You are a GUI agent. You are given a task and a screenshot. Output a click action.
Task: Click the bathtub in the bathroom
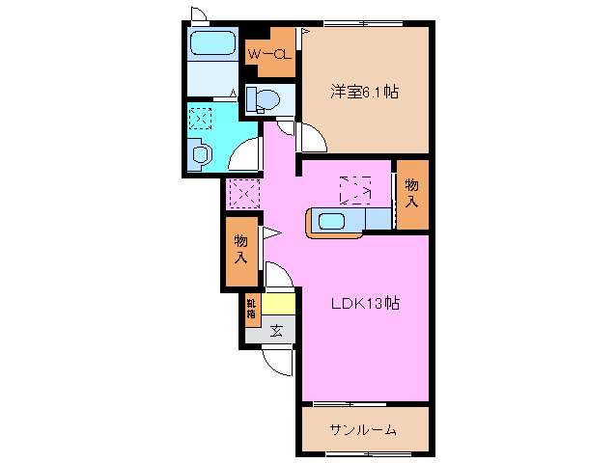(x=213, y=43)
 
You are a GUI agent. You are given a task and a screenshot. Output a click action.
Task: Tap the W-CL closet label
(x=269, y=55)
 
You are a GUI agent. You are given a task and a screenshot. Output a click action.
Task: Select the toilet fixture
(x=262, y=98)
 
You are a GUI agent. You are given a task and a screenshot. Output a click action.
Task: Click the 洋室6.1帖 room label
(x=365, y=93)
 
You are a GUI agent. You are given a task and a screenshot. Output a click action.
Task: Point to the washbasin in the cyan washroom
(x=200, y=152)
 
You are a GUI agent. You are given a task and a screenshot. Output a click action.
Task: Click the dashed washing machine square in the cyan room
(x=200, y=119)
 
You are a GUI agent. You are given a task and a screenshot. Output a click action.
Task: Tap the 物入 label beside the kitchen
(x=412, y=193)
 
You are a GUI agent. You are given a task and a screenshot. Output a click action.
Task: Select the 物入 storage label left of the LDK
(x=240, y=251)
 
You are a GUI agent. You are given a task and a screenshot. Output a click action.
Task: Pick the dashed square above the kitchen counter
(x=354, y=188)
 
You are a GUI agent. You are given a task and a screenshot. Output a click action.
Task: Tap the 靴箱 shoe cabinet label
(x=250, y=309)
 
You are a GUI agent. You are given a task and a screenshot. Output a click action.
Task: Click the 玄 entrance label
(x=276, y=331)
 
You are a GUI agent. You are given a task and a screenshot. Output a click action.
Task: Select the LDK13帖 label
(x=365, y=303)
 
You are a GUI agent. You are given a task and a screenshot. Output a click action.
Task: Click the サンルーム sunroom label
(x=363, y=429)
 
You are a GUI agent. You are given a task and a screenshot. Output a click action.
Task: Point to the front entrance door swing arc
(x=278, y=363)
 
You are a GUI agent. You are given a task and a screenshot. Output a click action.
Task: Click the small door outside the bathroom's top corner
(x=198, y=14)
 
